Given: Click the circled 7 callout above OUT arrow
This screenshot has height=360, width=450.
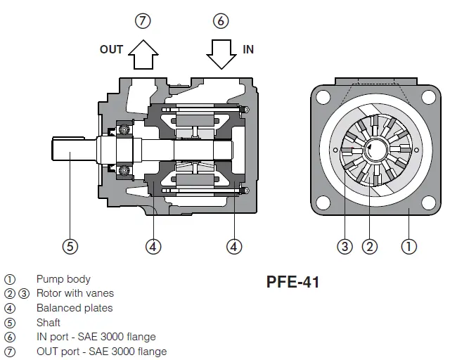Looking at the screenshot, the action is pos(143,20).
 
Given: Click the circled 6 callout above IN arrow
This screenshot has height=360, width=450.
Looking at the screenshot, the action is pos(221,20).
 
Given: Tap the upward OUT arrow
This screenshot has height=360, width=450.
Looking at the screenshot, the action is pos(143,55).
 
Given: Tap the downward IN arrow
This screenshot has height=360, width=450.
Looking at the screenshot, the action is pos(221,55).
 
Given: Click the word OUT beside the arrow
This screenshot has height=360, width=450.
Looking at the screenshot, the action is pos(111,49).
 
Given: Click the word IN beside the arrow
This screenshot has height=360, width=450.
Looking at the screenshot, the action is pos(248,49).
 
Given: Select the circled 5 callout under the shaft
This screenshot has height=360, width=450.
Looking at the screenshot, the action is pos(70,246).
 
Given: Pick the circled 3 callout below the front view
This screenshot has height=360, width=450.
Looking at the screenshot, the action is pos(345,246).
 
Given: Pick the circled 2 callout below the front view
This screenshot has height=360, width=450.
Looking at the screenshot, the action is pos(370,246).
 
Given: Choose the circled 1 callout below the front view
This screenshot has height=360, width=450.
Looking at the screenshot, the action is pos(409,246).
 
